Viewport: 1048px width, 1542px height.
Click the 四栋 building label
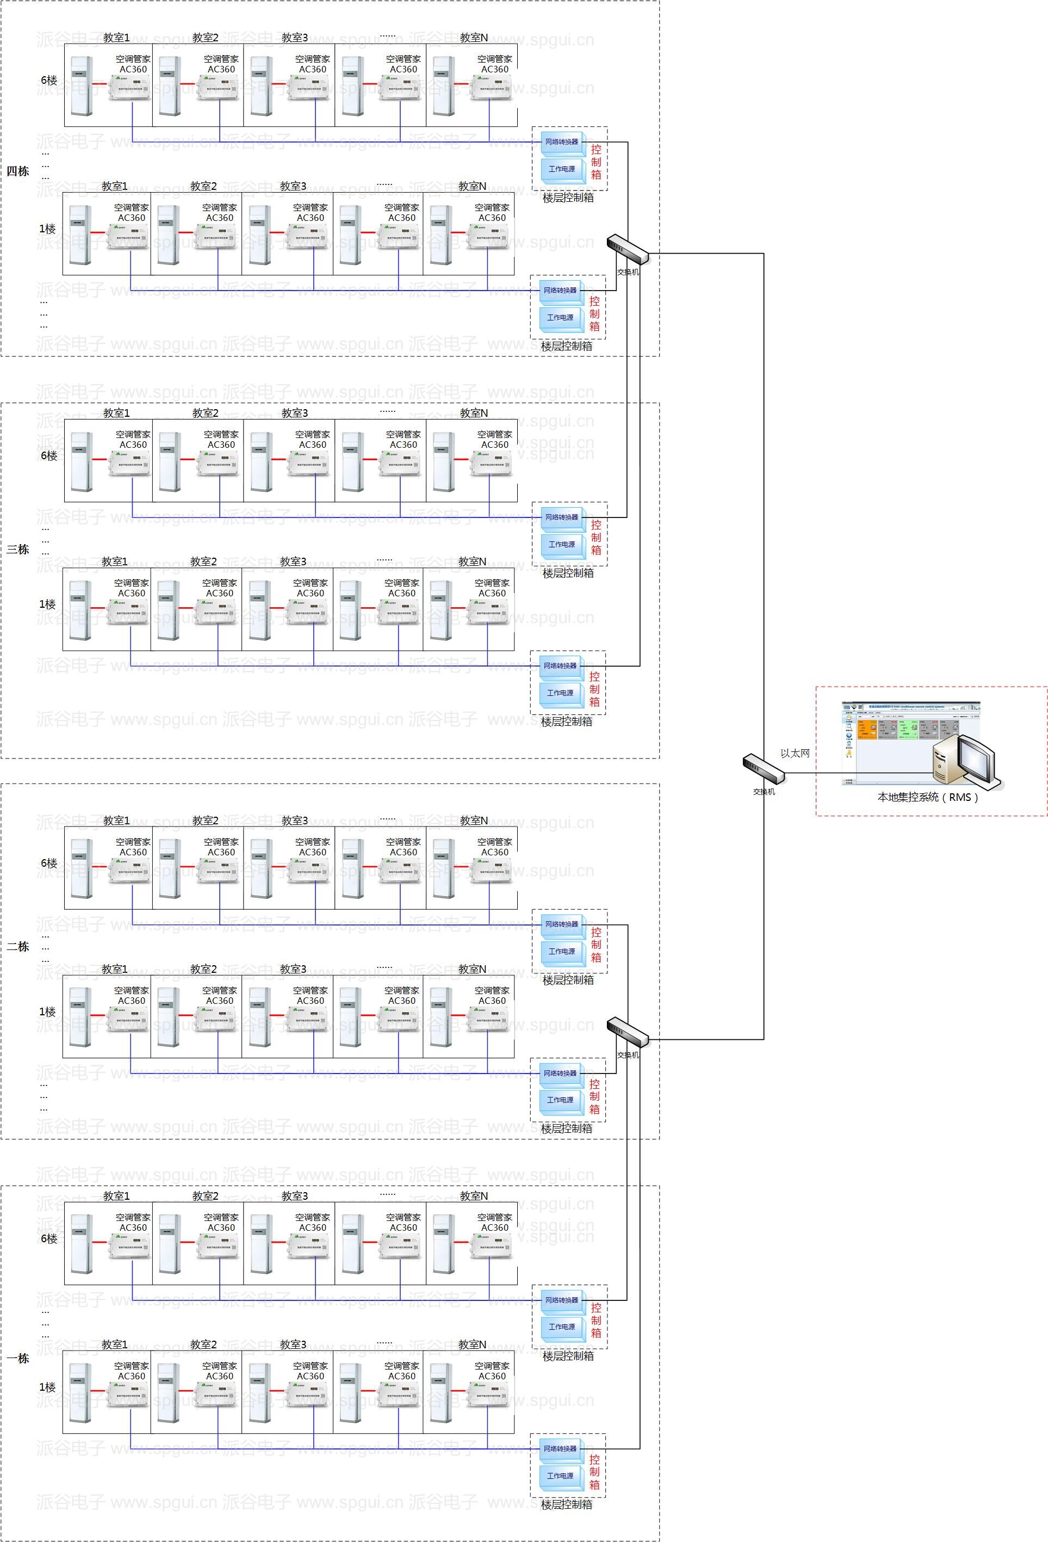[18, 171]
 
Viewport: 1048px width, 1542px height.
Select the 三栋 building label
[18, 550]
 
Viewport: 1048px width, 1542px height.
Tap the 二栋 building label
[18, 946]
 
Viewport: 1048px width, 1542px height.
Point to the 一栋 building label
[18, 1358]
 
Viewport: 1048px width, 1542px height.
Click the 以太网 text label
[795, 753]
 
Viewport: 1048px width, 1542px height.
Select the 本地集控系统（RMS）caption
[928, 797]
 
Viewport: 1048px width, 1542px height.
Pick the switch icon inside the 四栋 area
[628, 249]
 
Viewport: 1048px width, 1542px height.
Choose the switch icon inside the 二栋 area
[628, 1032]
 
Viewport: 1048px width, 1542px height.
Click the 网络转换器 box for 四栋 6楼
[562, 142]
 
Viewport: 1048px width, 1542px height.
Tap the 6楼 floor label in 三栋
[49, 456]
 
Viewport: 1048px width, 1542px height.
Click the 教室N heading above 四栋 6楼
[474, 38]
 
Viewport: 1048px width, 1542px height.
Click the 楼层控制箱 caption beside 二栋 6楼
[568, 980]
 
